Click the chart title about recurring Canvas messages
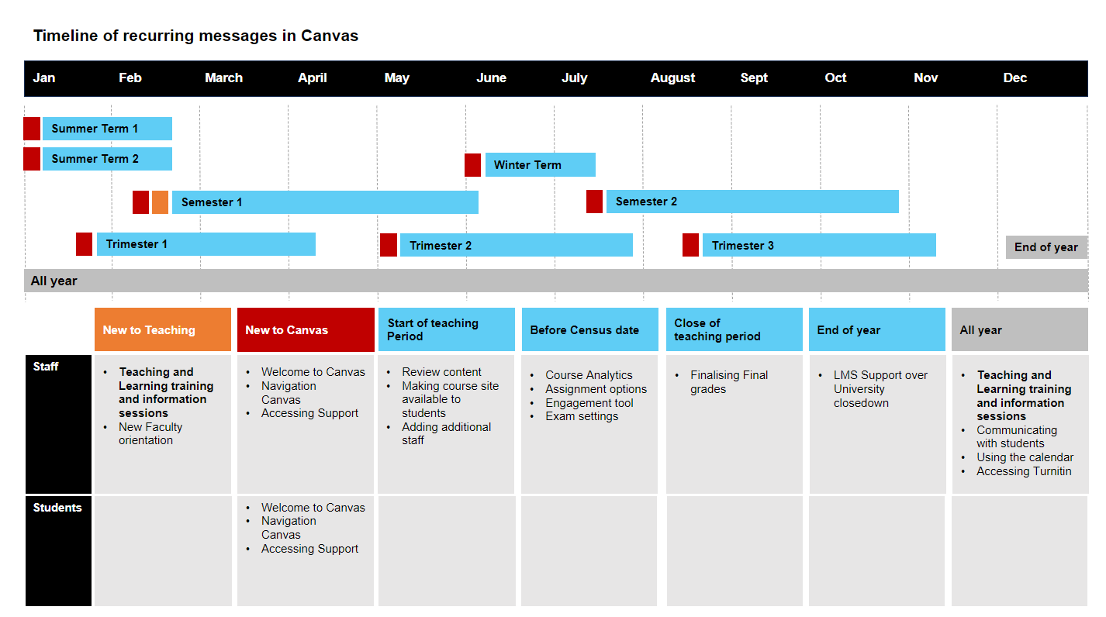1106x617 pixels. tap(195, 36)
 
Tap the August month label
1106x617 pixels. tap(672, 78)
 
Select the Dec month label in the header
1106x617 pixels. tap(1014, 78)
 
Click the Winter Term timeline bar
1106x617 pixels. tap(540, 164)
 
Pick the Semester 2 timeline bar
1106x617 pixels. tap(752, 202)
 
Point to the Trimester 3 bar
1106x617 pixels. tap(818, 245)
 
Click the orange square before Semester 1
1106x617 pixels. tap(160, 202)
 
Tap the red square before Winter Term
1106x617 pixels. tap(472, 164)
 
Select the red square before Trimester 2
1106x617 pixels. tap(389, 245)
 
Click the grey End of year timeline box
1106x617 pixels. tap(1046, 247)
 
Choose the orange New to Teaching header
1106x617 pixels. tap(163, 329)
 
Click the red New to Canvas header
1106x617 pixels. tap(306, 329)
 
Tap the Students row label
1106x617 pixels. tap(57, 508)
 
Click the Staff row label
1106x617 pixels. tap(46, 367)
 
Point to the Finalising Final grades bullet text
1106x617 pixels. tap(728, 382)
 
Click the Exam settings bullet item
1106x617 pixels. tap(582, 416)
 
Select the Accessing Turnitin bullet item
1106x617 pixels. tap(1024, 471)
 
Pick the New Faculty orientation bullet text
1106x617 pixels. tap(150, 433)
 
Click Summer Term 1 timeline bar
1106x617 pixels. tap(107, 129)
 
